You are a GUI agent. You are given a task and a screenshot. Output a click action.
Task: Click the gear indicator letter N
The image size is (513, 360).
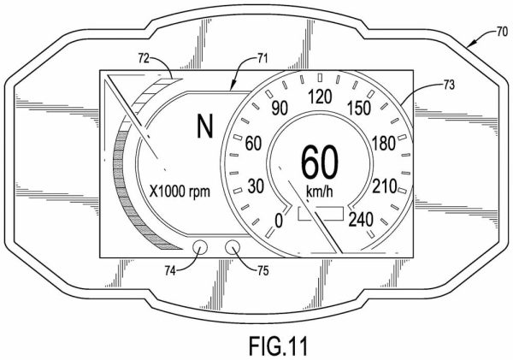[x=203, y=128]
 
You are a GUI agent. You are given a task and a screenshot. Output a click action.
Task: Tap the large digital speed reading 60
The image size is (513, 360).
[x=318, y=161]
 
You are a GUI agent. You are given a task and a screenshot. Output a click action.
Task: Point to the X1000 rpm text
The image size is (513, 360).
[x=179, y=191]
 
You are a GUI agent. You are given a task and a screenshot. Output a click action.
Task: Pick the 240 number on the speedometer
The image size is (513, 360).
[x=362, y=220]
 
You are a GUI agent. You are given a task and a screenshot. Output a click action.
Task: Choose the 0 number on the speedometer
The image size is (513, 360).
[x=277, y=221]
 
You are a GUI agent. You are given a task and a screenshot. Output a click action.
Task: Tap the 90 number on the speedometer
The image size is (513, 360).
[x=279, y=109]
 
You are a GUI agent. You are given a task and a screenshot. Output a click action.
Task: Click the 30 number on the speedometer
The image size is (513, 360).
[x=253, y=186]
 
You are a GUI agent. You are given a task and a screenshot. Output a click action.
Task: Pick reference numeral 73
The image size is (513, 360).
[x=425, y=85]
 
